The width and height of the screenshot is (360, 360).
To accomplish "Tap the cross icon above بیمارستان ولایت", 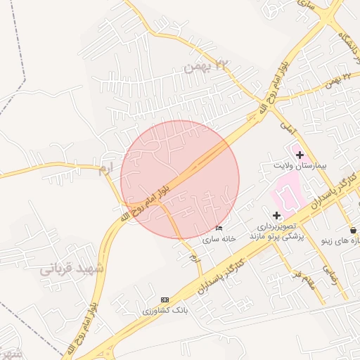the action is click(x=300, y=155).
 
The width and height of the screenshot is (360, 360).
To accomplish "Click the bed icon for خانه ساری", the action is click(x=219, y=229).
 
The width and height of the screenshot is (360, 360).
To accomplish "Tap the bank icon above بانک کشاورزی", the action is click(x=165, y=300).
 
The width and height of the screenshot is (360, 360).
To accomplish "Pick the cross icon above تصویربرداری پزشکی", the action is click(x=276, y=214).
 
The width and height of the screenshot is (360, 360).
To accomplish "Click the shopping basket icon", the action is click(x=352, y=230).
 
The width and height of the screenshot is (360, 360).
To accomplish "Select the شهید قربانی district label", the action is click(x=71, y=269).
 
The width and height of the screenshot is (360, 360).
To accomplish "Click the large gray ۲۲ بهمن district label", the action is click(x=208, y=67).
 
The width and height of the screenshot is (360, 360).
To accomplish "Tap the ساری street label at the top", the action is click(x=307, y=5).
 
